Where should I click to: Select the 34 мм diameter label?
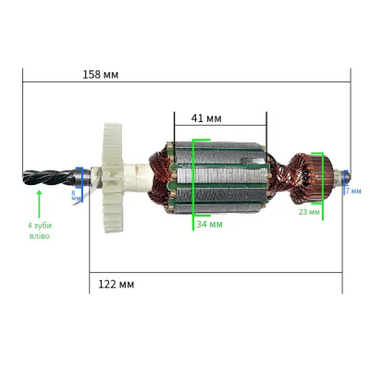pos(209,224)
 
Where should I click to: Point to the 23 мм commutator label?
pos(309,212)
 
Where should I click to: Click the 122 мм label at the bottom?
pos(116,284)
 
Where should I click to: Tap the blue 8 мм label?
pos(75,194)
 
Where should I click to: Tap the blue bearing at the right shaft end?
pos(344,175)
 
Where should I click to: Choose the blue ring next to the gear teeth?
pos(80,177)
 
